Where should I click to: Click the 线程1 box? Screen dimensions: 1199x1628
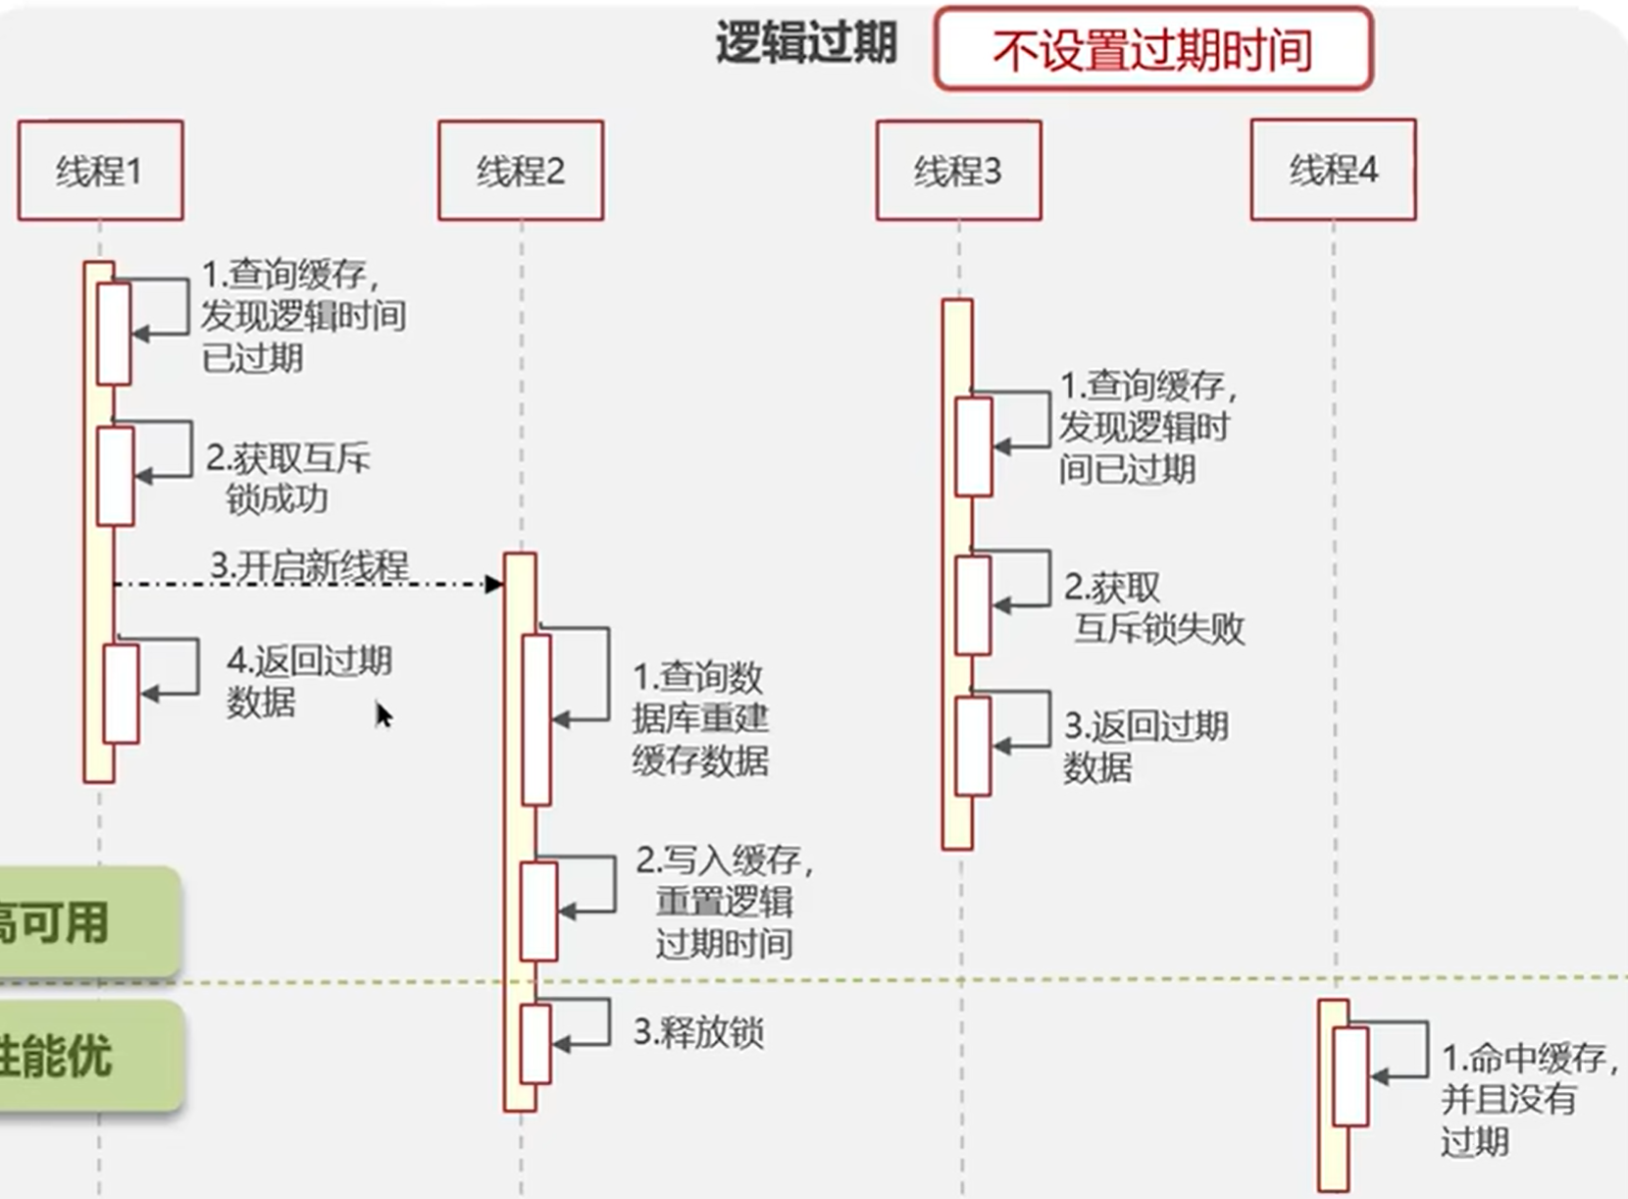[x=100, y=170]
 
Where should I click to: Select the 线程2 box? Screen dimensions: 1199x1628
[x=520, y=170]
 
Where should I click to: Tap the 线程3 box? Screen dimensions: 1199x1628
[x=958, y=170]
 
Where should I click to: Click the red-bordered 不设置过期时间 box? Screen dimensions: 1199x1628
[x=1152, y=49]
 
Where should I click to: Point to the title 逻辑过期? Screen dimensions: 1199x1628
[x=806, y=43]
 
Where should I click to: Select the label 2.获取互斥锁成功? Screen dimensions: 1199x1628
[x=286, y=478]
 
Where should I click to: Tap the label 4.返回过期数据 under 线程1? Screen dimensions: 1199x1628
[x=308, y=681]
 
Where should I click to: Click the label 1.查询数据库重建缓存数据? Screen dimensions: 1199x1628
[x=698, y=718]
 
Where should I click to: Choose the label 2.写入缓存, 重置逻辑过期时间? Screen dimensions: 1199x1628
[x=724, y=901]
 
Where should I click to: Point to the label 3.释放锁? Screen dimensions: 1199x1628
[x=698, y=1032]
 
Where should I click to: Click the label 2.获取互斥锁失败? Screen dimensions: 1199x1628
[x=1153, y=607]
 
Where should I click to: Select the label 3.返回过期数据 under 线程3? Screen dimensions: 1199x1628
[x=1145, y=746]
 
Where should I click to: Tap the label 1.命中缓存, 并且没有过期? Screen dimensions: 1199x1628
[x=1526, y=1099]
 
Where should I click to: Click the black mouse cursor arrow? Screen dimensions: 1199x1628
[x=383, y=715]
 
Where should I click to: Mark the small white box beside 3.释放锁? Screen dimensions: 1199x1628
[x=535, y=1043]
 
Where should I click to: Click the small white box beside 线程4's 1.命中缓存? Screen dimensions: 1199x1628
[x=1350, y=1076]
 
